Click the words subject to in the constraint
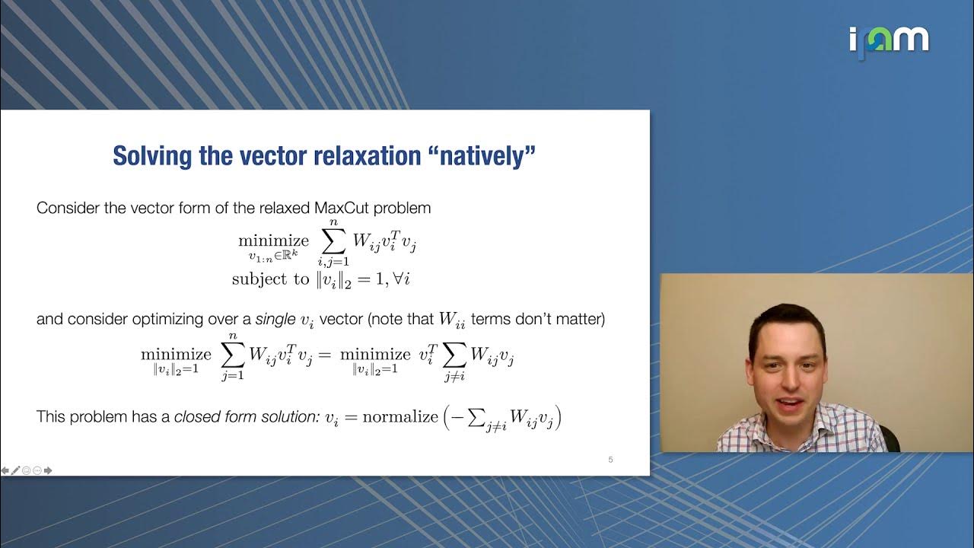coord(270,279)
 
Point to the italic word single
coord(275,320)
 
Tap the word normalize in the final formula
coord(399,417)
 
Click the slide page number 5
coord(610,459)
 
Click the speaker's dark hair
coord(788,323)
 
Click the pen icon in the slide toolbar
coord(15,470)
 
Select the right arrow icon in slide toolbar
coord(48,470)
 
